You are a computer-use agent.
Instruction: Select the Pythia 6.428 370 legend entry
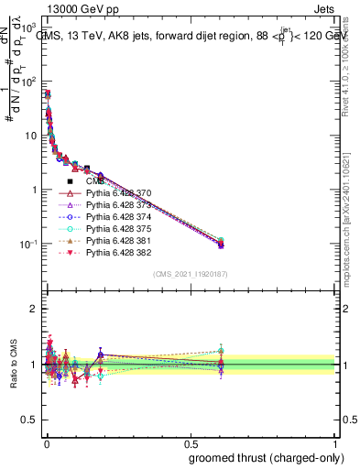tap(119, 193)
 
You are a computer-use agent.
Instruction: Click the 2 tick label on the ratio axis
tap(35, 310)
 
